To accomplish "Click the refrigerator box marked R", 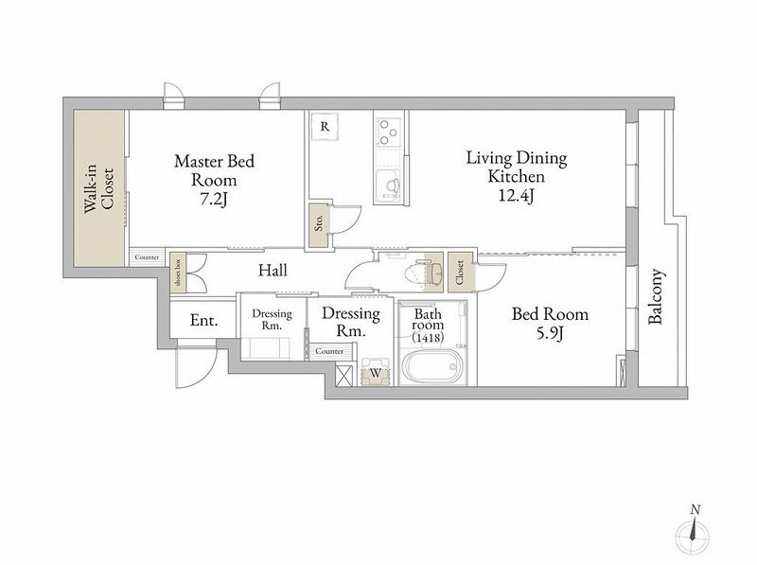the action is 325,127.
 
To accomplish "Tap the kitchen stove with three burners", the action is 388,131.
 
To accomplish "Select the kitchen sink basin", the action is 388,184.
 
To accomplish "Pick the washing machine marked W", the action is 376,372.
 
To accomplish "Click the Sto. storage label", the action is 319,222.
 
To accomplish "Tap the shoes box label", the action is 178,273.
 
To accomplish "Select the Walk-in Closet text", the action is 99,188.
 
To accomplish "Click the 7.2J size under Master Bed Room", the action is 214,199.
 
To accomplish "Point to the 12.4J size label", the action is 516,196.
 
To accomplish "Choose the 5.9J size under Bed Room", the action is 550,333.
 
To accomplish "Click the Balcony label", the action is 656,296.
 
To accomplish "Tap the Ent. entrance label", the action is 203,320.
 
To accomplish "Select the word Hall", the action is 273,270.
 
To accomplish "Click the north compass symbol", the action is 693,530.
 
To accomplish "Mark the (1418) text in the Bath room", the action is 428,337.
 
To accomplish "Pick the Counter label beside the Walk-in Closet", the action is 147,257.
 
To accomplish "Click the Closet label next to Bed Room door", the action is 460,273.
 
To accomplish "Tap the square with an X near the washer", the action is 343,375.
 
